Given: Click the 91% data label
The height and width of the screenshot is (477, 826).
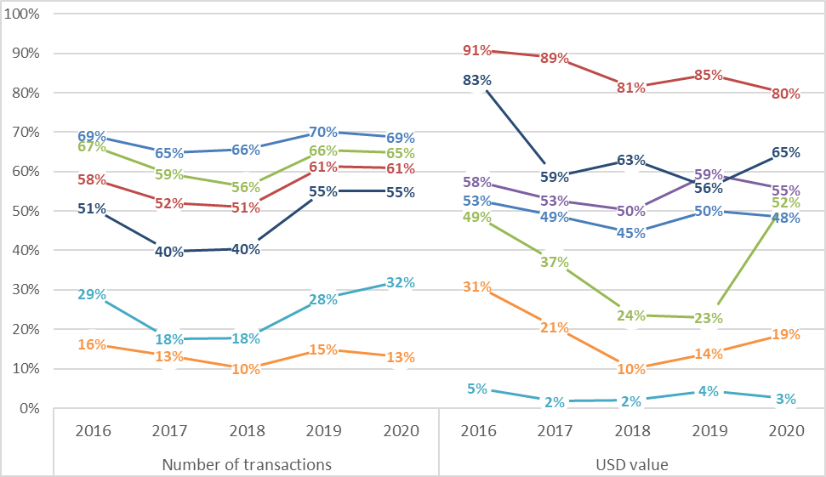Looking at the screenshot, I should click(x=477, y=51).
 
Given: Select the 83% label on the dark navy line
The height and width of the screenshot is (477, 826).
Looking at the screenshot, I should click(x=477, y=81).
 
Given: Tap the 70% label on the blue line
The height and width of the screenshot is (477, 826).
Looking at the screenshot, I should click(x=323, y=132).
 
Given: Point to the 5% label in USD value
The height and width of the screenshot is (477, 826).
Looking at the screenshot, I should click(x=477, y=389).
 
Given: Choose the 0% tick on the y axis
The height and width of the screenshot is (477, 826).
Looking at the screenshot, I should click(x=29, y=409).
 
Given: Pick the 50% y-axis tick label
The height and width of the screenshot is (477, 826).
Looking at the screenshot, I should click(x=26, y=212).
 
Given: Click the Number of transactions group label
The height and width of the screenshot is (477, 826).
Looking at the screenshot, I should click(x=246, y=464).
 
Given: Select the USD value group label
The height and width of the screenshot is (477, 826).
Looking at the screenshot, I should click(x=631, y=464).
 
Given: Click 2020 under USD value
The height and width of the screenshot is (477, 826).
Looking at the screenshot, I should click(x=785, y=430).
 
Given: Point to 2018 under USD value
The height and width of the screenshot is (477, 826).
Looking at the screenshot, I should click(x=631, y=430).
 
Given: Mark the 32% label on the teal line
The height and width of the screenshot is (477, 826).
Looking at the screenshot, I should click(x=400, y=283).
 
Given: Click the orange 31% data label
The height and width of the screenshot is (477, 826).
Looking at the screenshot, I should click(x=477, y=287).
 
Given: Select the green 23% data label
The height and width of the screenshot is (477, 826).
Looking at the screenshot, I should click(x=708, y=319).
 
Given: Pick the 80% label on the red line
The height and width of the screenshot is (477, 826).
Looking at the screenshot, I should click(x=785, y=94).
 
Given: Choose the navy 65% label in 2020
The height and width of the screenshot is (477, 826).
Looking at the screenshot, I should click(x=785, y=153).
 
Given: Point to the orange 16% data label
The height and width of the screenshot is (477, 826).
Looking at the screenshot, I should click(x=92, y=344).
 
